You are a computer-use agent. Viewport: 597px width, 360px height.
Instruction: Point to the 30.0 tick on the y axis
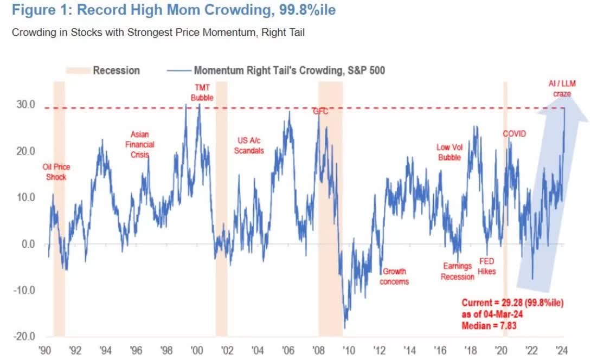point(26,105)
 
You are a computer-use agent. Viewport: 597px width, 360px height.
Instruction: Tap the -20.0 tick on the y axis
point(25,337)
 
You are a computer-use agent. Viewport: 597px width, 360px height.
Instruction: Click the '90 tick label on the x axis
point(47,350)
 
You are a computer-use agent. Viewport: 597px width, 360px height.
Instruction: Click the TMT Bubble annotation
point(203,92)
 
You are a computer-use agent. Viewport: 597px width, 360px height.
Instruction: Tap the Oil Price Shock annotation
point(56,171)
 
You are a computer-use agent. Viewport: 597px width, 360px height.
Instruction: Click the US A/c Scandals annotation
point(249,145)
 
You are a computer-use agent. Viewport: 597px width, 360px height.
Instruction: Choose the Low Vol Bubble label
point(448,152)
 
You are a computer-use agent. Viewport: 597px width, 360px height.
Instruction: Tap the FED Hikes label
point(486,266)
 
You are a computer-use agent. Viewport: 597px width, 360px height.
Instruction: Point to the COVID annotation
point(515,133)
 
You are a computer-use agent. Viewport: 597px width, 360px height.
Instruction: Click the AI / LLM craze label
point(562,88)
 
